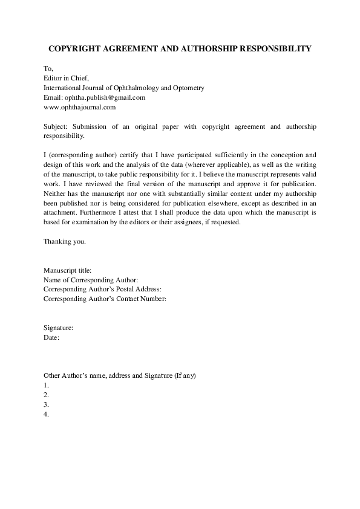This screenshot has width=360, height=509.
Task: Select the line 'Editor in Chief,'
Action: point(67,78)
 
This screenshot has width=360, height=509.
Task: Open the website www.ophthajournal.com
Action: point(79,107)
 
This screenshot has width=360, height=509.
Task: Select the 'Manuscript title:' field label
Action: point(68,270)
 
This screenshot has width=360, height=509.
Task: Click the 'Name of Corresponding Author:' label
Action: point(91,279)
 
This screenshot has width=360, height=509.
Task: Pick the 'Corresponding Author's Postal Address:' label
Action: point(102,289)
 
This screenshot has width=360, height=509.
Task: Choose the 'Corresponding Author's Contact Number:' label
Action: point(105,299)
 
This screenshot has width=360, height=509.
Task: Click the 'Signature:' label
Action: point(59,328)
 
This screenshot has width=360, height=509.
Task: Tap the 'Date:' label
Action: point(51,337)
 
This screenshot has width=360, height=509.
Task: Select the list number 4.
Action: point(46,415)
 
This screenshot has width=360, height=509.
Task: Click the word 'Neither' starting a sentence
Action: point(55,193)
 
